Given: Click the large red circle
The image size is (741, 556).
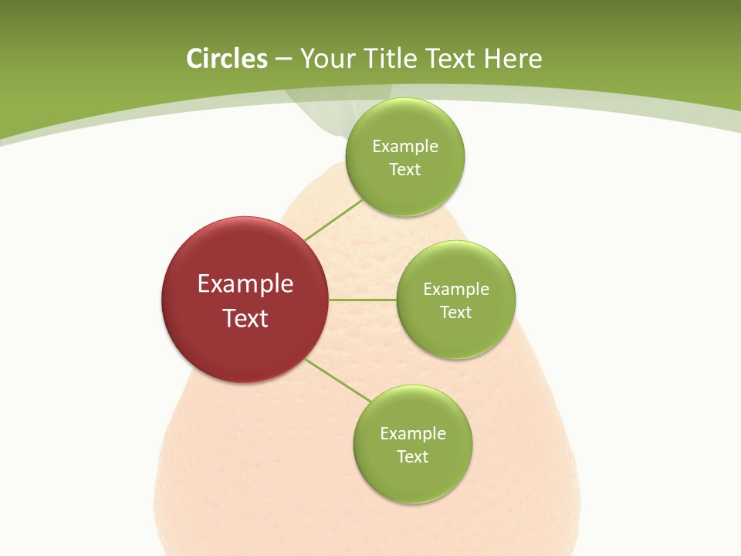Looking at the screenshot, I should pyautogui.click(x=245, y=300).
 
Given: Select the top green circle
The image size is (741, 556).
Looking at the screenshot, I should pyautogui.click(x=405, y=157).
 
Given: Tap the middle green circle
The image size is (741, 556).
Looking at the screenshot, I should pyautogui.click(x=456, y=300).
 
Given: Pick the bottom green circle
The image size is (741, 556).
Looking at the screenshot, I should pyautogui.click(x=413, y=444).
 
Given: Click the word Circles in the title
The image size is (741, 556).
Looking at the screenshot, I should pyautogui.click(x=227, y=59).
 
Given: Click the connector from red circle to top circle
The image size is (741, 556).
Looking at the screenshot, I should pyautogui.click(x=333, y=220).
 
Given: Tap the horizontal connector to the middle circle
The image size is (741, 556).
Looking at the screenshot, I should pyautogui.click(x=362, y=300).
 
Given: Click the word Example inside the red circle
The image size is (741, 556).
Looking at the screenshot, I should pyautogui.click(x=245, y=283).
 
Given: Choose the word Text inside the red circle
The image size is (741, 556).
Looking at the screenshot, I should pyautogui.click(x=245, y=318).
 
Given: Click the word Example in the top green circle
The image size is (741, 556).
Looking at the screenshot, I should pyautogui.click(x=405, y=146).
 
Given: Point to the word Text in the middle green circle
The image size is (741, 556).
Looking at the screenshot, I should pyautogui.click(x=456, y=312).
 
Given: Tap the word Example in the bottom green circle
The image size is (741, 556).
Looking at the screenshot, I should pyautogui.click(x=413, y=433).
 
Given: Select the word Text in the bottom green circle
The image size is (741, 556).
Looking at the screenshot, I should pyautogui.click(x=413, y=456).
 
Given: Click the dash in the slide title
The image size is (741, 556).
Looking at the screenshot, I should pyautogui.click(x=283, y=59).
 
